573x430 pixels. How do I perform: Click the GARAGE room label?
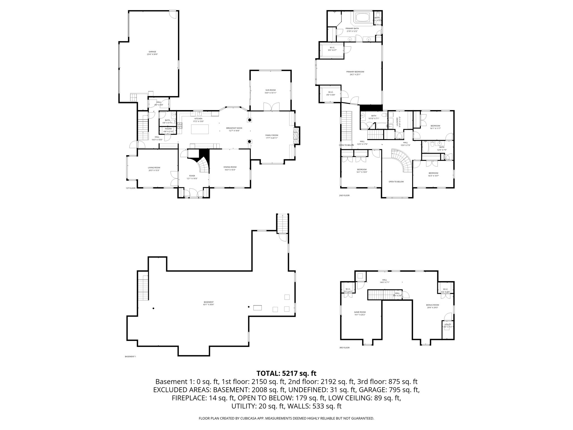tap(152, 53)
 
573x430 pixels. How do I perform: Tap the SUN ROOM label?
tap(271, 91)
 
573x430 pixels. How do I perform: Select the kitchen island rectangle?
tap(200, 129)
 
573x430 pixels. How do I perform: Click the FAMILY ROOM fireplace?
tap(296, 136)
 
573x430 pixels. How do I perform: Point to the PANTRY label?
tap(168, 130)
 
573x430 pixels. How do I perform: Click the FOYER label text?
tap(192, 177)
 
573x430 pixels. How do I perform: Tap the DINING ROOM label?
tap(230, 168)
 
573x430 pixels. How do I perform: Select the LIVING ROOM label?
tap(154, 169)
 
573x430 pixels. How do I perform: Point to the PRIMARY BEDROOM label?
tap(355, 73)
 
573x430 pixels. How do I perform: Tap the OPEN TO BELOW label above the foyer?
tap(396, 182)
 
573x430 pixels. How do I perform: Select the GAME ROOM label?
tap(360, 313)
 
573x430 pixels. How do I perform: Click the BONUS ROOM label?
tap(432, 306)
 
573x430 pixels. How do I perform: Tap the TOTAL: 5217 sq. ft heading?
tap(286, 373)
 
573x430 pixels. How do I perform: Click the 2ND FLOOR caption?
tap(344, 195)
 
